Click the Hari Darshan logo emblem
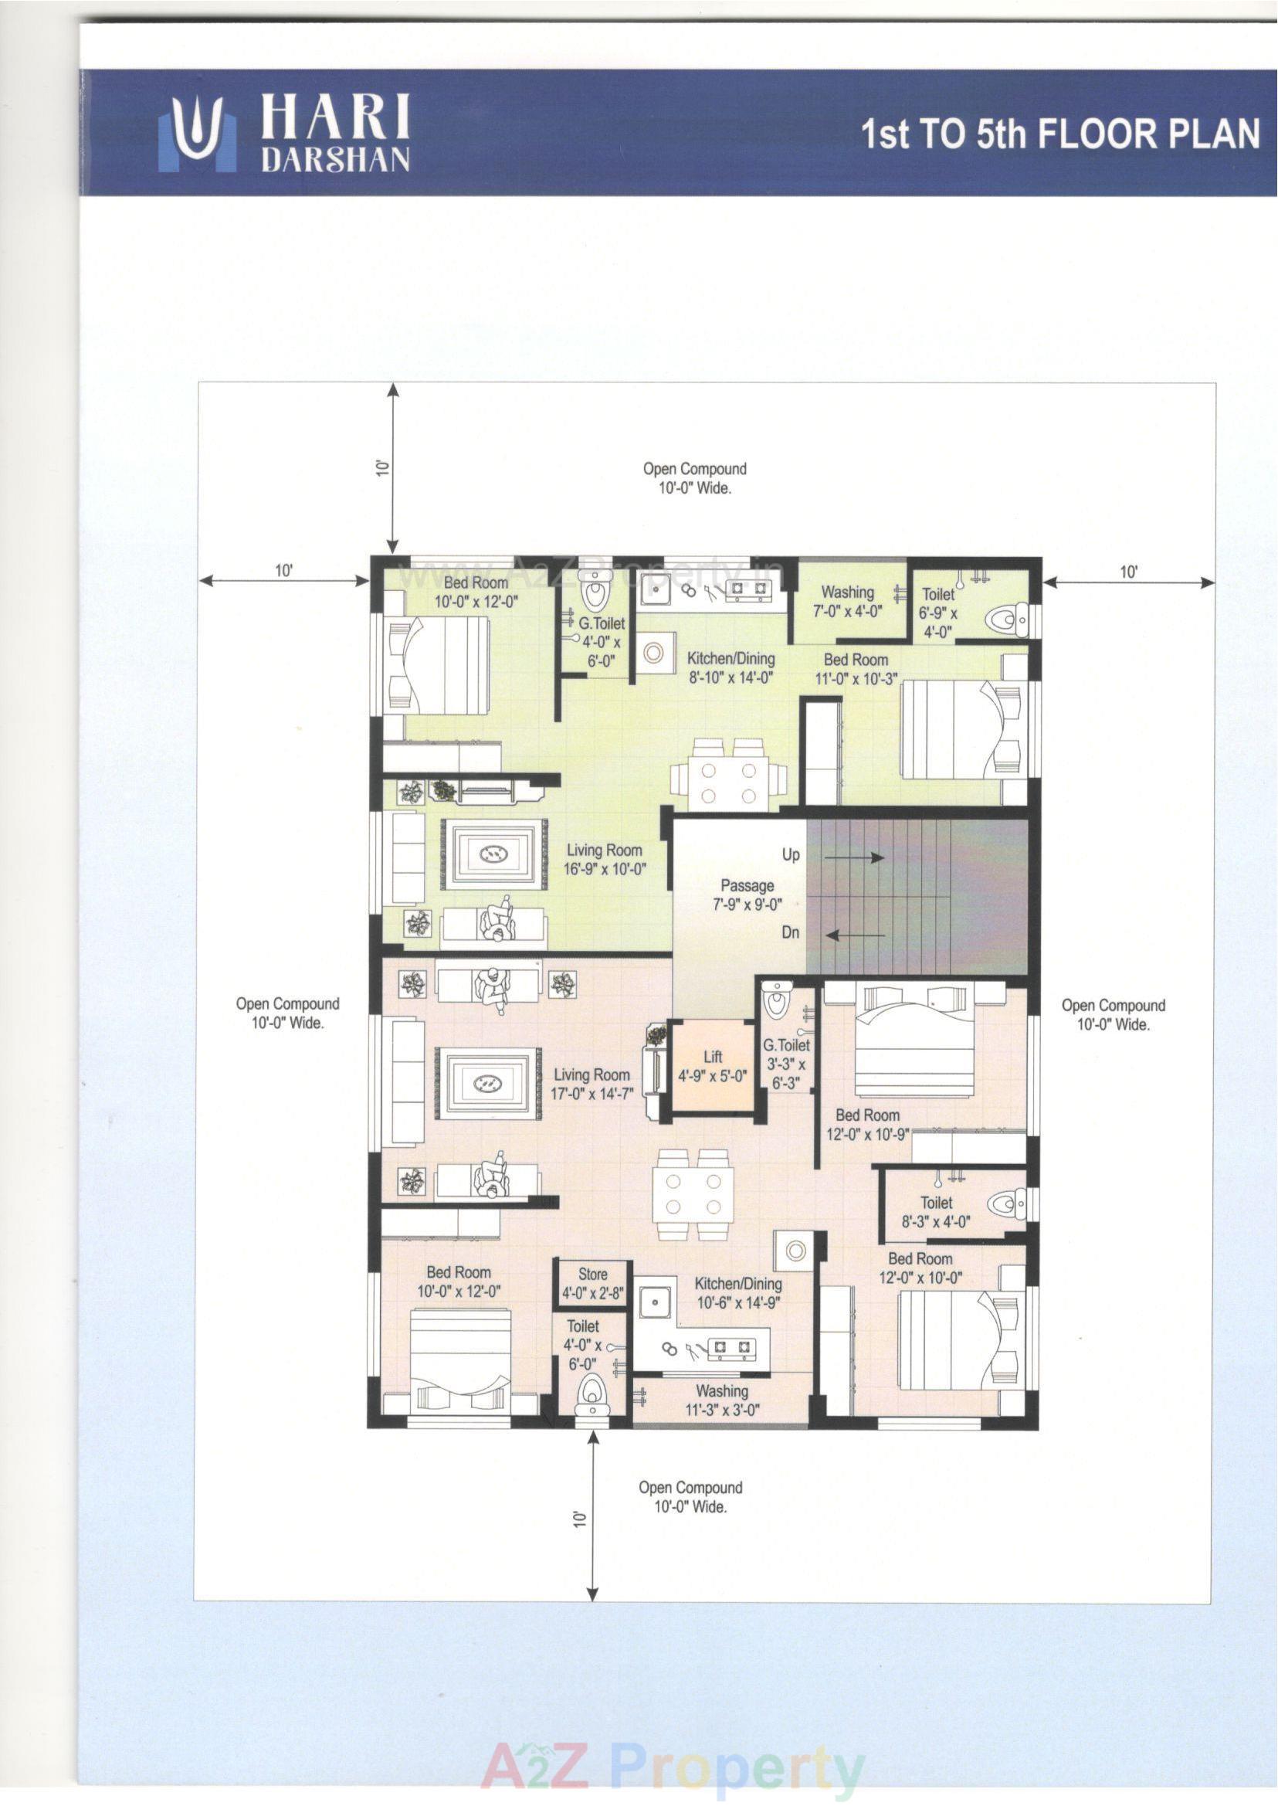click(x=198, y=134)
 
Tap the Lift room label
click(x=712, y=1066)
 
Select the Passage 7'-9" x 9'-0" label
click(x=747, y=895)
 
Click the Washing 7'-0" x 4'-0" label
click(x=848, y=600)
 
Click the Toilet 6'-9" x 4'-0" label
click(x=938, y=613)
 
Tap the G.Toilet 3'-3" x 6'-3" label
click(x=785, y=1064)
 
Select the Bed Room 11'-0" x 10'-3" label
click(x=856, y=668)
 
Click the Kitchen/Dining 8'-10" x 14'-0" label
click(x=731, y=667)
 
